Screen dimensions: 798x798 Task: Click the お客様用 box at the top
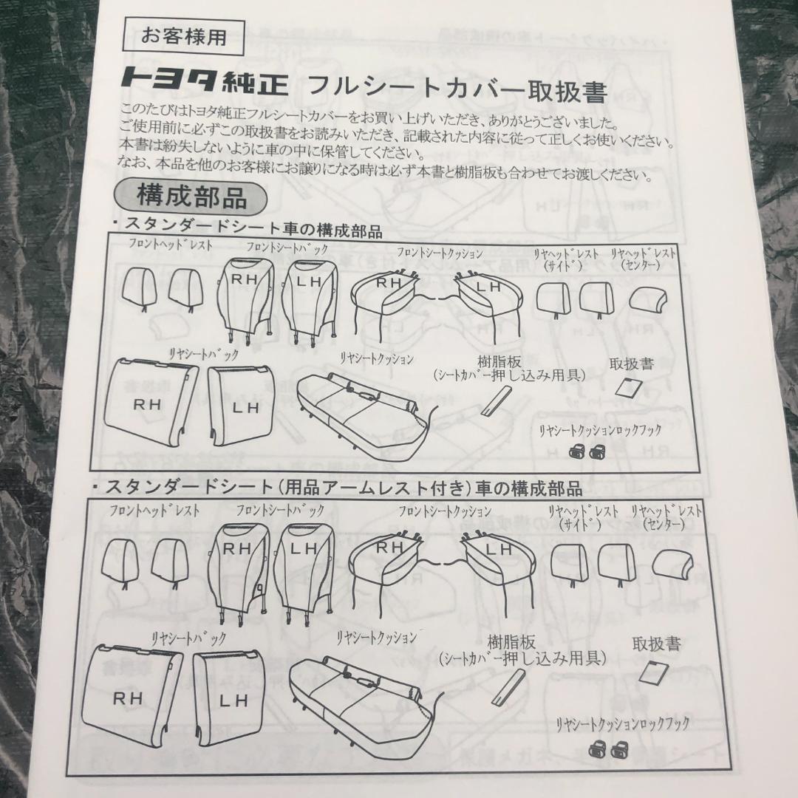coord(184,37)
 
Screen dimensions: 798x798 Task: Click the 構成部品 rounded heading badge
coord(191,197)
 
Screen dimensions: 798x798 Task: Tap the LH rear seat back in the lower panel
coord(230,694)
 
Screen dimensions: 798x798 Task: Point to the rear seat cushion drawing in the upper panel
coord(364,408)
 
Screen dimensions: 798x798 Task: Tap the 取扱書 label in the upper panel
coord(631,364)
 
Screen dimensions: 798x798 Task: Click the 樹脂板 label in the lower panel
coord(511,641)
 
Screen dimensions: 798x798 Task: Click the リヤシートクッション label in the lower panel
coord(376,638)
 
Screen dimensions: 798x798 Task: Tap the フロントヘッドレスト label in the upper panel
coord(170,245)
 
